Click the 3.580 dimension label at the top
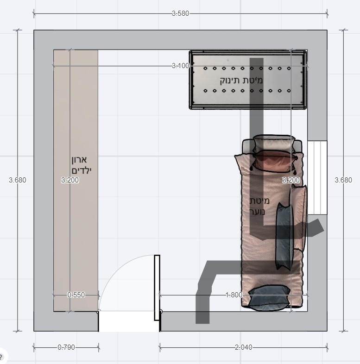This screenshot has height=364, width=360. tap(181, 13)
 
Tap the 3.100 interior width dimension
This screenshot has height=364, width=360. tap(181, 66)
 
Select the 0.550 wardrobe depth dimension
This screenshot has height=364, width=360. tap(76, 295)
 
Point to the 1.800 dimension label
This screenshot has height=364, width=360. tap(234, 295)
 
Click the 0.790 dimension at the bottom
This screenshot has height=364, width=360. tap(66, 347)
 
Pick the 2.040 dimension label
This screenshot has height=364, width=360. tap(243, 347)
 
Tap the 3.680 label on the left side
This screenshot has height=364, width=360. tap(18, 180)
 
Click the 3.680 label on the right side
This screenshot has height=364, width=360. tap(343, 180)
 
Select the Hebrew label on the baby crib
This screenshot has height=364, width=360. tap(241, 80)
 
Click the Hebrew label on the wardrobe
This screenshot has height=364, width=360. tap(81, 165)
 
